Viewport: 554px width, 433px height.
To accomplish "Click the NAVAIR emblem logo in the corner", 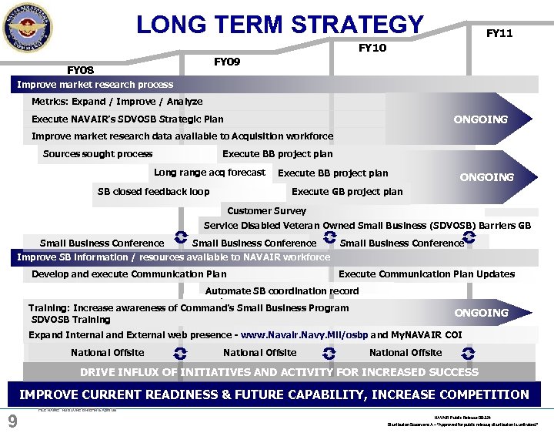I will click(x=28, y=27).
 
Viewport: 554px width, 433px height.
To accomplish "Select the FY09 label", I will click(x=226, y=62).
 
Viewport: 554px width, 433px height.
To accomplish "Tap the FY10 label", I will click(x=372, y=48).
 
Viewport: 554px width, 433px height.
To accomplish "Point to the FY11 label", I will click(x=499, y=33).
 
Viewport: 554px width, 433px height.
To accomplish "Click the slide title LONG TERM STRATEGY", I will click(x=280, y=24).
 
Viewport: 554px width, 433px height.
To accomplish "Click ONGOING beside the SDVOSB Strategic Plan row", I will click(x=480, y=119).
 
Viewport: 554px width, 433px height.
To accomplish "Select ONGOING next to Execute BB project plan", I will click(x=486, y=177).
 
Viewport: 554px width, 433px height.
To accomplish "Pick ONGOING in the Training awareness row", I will click(x=481, y=313).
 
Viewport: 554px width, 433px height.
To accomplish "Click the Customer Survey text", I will click(x=266, y=210).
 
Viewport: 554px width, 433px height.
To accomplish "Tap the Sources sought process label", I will click(x=98, y=153).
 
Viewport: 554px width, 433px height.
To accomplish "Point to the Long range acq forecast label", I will click(x=209, y=173).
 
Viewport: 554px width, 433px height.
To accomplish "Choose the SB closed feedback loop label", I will click(x=153, y=191).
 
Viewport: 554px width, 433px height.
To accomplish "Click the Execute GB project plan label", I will click(x=347, y=192).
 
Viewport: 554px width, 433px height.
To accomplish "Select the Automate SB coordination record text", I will click(x=282, y=290).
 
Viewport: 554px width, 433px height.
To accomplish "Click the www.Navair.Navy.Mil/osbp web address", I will click(x=304, y=335).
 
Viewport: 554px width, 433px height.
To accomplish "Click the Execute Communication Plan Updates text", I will click(x=426, y=274).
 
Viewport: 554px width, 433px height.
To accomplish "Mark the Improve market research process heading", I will click(x=95, y=84).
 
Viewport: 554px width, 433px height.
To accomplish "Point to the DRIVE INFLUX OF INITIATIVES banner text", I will click(x=279, y=372).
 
